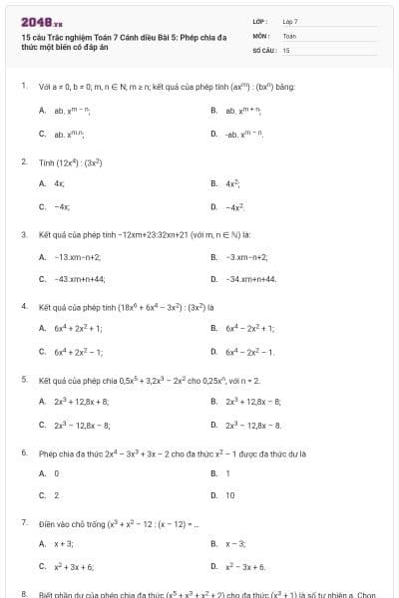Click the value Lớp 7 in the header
pyautogui.click(x=290, y=20)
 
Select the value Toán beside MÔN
pyautogui.click(x=289, y=35)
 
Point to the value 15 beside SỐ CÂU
pyautogui.click(x=286, y=49)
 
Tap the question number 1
pyautogui.click(x=23, y=87)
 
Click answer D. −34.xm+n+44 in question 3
pyautogui.click(x=250, y=279)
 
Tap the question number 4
pyautogui.click(x=23, y=306)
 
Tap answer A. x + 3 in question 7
pyautogui.click(x=63, y=544)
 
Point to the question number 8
pyautogui.click(x=23, y=592)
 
